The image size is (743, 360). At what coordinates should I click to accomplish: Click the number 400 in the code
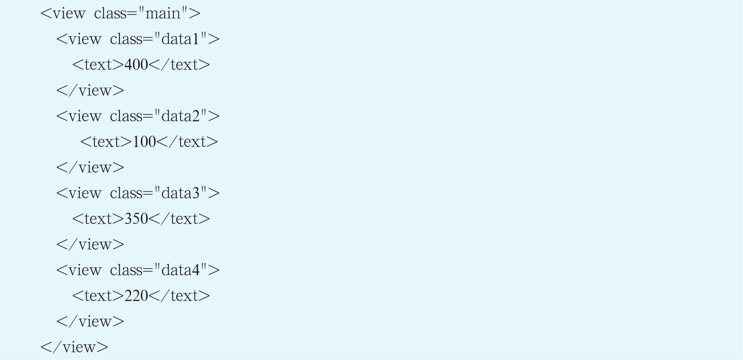[136, 65]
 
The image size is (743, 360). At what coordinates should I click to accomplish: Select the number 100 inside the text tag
[144, 142]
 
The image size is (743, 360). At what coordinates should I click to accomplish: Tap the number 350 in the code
[136, 218]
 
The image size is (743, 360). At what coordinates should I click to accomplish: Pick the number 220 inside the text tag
[136, 295]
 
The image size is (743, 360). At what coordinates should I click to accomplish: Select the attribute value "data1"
[181, 39]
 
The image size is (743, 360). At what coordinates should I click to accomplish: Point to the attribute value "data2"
[181, 116]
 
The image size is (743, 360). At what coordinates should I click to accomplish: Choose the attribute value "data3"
[181, 193]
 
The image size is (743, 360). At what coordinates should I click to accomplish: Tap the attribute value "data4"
[181, 270]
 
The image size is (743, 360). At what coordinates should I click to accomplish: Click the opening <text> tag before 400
[98, 65]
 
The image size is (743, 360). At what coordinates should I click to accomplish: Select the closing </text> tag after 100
[187, 142]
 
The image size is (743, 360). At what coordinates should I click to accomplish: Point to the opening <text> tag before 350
[98, 218]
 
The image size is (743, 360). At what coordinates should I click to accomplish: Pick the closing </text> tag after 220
[179, 295]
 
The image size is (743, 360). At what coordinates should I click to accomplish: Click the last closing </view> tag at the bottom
[74, 347]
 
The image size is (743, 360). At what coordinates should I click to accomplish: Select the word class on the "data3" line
[126, 193]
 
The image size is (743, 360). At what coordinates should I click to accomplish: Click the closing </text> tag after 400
[179, 65]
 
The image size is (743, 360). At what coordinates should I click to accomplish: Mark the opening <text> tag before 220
[98, 295]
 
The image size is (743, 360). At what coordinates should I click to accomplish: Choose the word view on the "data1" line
[85, 39]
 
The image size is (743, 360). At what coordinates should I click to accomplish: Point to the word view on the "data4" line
[85, 270]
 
